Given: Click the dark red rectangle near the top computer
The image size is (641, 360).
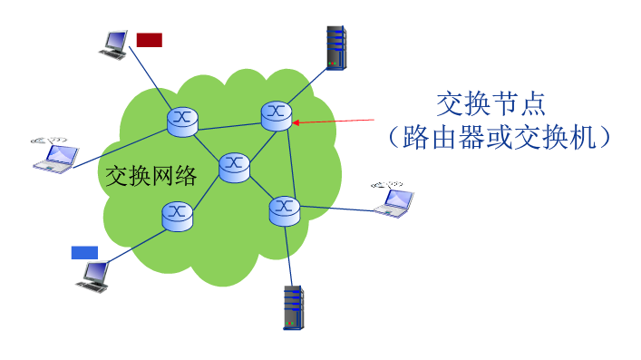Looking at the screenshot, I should pos(150,39).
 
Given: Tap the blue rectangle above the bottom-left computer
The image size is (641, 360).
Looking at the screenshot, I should pos(84,252).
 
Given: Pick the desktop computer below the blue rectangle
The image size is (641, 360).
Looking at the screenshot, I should pos(93,276).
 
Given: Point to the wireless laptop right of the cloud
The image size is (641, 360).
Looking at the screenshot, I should pos(393,199).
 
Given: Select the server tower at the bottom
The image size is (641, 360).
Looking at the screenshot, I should pos(292,307).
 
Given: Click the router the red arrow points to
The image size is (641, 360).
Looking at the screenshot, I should pos(277,114).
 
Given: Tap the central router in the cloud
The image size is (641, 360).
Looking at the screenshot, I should pos(234,166).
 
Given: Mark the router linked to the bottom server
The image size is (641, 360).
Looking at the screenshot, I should pos(285,210).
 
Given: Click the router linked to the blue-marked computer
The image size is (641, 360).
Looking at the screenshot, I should pos(177,214).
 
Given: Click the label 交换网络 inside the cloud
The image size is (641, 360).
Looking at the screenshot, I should pos(151,176).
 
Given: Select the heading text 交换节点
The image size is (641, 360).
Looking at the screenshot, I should pos(490,103).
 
